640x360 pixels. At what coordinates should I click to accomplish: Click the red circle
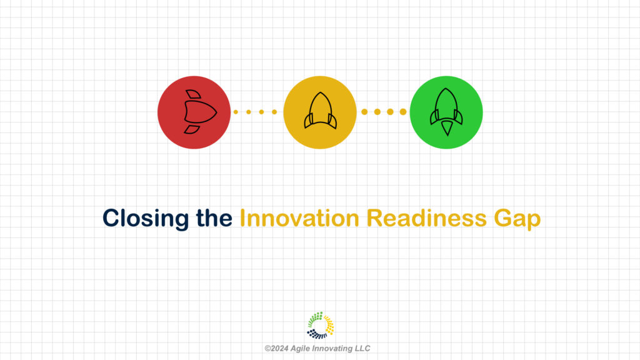click(194, 112)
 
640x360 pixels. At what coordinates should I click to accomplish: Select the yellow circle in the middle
click(320, 112)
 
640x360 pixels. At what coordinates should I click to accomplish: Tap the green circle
click(446, 112)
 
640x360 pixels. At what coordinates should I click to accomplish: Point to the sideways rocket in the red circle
click(200, 112)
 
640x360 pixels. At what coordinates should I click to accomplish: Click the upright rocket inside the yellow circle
click(321, 111)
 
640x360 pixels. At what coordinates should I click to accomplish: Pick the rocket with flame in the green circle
click(446, 112)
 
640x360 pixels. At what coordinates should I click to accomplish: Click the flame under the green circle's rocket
click(447, 128)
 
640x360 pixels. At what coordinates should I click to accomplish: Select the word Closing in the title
click(146, 219)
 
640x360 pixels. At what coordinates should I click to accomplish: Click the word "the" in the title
click(214, 218)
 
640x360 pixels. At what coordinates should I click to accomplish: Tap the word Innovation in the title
click(299, 218)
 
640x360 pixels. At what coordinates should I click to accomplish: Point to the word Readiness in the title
click(426, 218)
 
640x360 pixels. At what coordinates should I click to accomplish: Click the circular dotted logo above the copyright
click(321, 325)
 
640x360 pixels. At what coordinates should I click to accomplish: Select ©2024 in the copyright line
click(276, 349)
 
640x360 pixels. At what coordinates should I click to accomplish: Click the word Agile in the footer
click(299, 349)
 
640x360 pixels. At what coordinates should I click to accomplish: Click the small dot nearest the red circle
click(236, 112)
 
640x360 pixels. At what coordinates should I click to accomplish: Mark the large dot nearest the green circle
click(403, 112)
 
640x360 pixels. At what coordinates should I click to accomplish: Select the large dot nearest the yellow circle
click(364, 112)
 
